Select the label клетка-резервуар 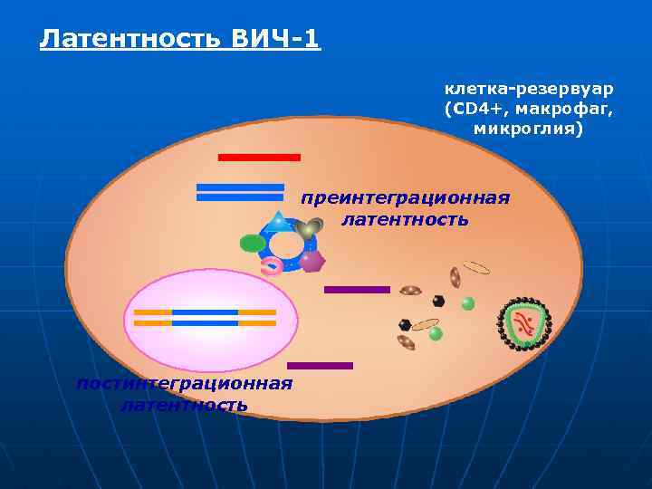(x=528, y=89)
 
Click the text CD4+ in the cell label (x=474, y=109)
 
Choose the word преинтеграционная (x=405, y=198)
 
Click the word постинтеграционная (x=184, y=383)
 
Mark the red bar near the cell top (x=259, y=158)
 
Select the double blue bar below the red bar (x=240, y=192)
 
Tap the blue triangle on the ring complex (x=278, y=219)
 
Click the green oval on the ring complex (x=253, y=243)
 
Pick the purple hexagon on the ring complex (x=312, y=261)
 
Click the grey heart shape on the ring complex (x=311, y=227)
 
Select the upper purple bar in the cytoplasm (x=357, y=290)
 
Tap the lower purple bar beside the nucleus (x=320, y=366)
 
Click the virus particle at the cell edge (x=524, y=324)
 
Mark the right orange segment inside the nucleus (x=257, y=317)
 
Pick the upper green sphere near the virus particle (x=468, y=303)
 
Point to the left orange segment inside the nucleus (x=152, y=317)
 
